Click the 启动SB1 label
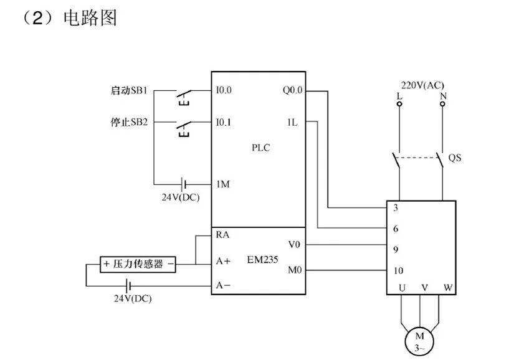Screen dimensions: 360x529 pos(128,90)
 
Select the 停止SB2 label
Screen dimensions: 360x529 pos(128,122)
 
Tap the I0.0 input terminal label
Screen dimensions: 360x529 pos(224,90)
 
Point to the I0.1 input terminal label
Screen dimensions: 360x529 pos(224,122)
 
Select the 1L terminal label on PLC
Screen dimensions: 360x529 pos(292,122)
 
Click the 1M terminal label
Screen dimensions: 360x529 pos(223,184)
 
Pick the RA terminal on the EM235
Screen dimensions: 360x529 pos(222,235)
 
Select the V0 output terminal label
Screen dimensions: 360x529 pos(295,244)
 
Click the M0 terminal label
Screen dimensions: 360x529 pos(295,270)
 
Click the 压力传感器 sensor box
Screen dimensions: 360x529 pos(138,264)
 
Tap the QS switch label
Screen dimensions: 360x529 pos(455,158)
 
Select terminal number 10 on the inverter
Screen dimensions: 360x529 pos(399,271)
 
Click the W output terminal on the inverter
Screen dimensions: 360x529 pos(447,288)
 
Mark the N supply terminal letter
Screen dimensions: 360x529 pos(443,96)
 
